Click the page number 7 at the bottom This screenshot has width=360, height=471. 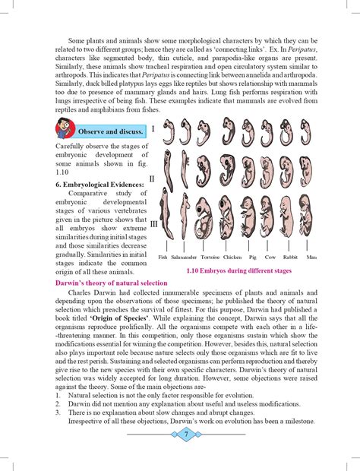[x=185, y=434]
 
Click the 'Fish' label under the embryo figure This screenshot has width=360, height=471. [x=163, y=258]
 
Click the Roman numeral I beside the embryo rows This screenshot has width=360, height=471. [x=153, y=129]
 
